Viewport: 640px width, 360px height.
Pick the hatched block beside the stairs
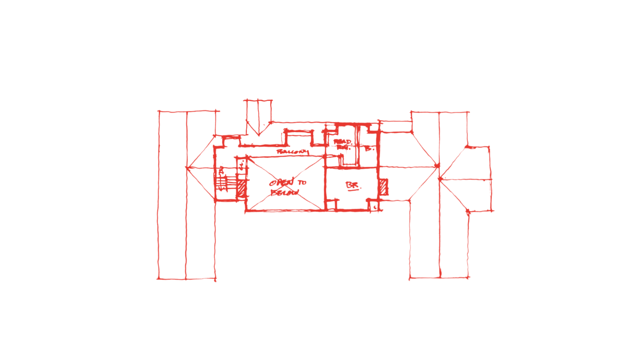(242, 188)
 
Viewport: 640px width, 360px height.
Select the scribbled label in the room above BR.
(342, 143)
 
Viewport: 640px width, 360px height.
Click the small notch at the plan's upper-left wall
(231, 141)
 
